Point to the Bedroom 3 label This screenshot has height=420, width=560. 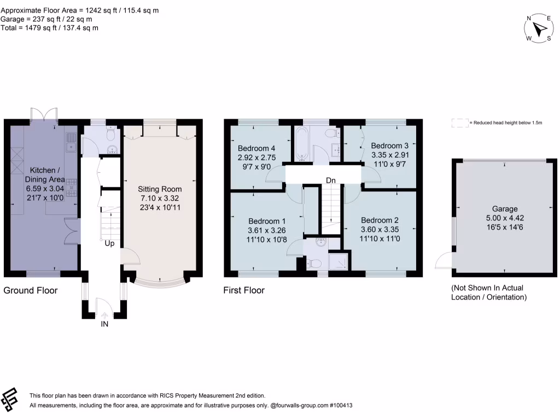click(x=389, y=146)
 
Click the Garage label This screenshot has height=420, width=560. click(x=504, y=209)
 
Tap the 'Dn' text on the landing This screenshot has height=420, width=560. click(x=331, y=180)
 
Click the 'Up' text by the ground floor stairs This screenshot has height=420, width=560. click(x=110, y=243)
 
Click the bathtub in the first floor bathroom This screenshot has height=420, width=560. click(x=301, y=145)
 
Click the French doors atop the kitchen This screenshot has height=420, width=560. click(x=44, y=114)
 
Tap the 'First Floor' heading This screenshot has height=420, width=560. click(x=244, y=290)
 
